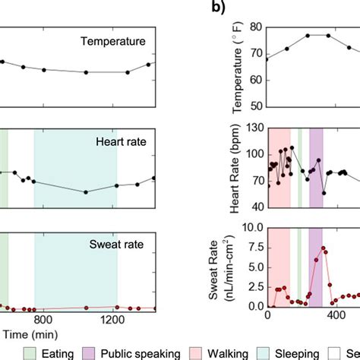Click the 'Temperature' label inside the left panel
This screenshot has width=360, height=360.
pos(119,40)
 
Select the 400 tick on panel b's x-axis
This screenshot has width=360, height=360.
pos(335,321)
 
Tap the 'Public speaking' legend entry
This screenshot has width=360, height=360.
pos(139,353)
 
